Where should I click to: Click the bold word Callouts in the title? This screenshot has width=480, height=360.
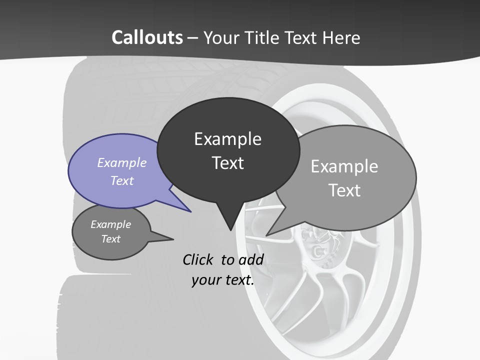coord(147,37)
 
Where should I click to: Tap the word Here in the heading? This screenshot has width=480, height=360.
coord(341,37)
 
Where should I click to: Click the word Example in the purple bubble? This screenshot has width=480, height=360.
coord(122,162)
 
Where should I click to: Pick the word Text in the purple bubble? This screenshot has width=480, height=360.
coord(122,180)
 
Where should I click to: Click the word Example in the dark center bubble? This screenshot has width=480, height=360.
coord(227,139)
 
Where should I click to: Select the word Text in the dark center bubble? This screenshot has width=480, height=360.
coord(227,163)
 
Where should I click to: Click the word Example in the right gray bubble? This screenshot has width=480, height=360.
coord(344,166)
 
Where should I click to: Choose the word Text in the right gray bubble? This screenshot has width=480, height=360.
coord(344,190)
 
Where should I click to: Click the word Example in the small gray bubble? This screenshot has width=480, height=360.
coord(111,224)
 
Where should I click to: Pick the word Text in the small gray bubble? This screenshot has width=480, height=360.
coord(111,239)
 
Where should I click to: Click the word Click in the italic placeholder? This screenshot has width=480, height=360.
coord(199,259)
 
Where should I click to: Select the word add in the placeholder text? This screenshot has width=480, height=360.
coord(251,259)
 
